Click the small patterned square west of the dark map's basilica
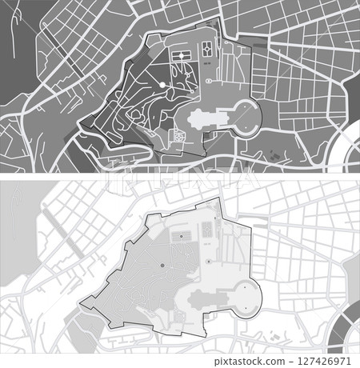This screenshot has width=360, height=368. click(x=179, y=137)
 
